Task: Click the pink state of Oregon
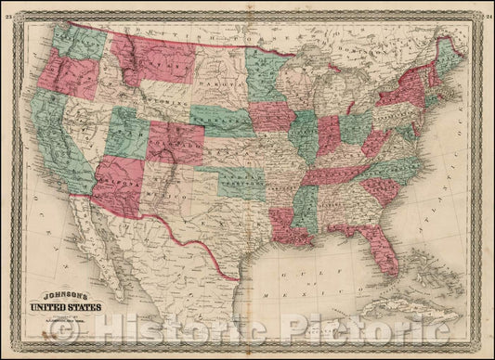[66, 74]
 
